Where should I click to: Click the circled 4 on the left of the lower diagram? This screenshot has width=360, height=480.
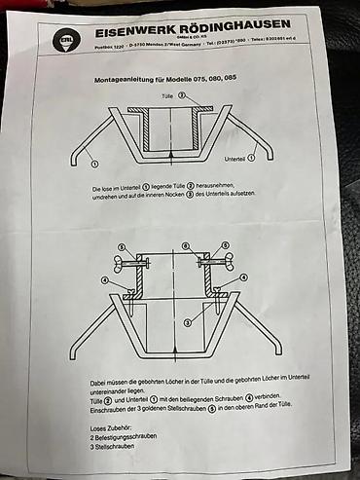pos(106,280)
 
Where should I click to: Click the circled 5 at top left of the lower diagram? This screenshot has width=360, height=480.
pos(120,246)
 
